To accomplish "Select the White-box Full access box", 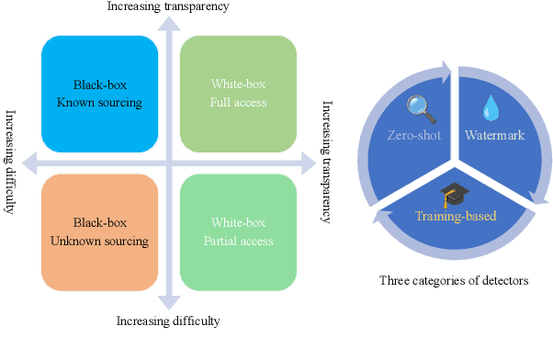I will tap(237, 93).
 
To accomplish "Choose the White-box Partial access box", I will tap(237, 231).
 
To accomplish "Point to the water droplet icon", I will tap(488, 109).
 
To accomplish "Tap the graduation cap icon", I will tap(450, 194).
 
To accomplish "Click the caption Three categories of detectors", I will tap(454, 280).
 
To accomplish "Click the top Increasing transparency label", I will tap(168, 7).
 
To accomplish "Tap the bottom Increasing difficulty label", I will tap(168, 321).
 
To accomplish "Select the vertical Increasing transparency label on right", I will tap(326, 162).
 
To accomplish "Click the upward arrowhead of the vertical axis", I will tap(167, 24).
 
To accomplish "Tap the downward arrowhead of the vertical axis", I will tap(167, 302).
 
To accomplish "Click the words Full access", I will tap(237, 102).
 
